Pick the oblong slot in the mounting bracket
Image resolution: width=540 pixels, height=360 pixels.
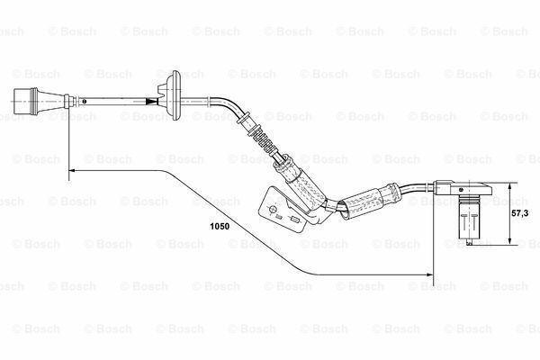point(294,220)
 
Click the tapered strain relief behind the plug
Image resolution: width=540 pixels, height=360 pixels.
point(61,102)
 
